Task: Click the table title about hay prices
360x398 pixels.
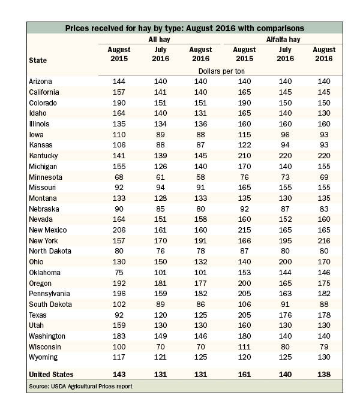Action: tap(185, 28)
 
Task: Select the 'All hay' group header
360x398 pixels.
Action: tap(159, 40)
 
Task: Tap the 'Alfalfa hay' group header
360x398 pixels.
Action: tap(283, 40)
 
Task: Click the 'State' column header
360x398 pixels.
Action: tap(38, 61)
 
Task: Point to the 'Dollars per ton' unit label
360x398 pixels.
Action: tap(221, 71)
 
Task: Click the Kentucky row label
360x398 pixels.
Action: tap(43, 156)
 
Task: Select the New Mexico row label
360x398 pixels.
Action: tap(48, 230)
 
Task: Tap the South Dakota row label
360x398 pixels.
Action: tap(50, 304)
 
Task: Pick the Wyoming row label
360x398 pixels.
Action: tap(43, 357)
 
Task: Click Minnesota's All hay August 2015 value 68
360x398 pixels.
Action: tap(119, 177)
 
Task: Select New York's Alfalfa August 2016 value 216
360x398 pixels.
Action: tap(324, 240)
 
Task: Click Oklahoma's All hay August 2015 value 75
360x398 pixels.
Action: tap(119, 272)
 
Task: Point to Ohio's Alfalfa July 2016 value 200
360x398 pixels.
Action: tap(285, 262)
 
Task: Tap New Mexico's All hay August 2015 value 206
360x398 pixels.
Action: tap(119, 230)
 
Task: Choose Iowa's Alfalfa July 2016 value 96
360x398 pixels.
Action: tap(285, 134)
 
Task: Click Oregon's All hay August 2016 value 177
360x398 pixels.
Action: tap(200, 284)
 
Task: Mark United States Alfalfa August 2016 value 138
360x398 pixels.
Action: tap(324, 375)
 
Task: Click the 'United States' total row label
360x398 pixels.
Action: tap(51, 375)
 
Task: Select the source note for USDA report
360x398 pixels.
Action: tap(80, 387)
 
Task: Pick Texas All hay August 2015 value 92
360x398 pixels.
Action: tap(119, 315)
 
